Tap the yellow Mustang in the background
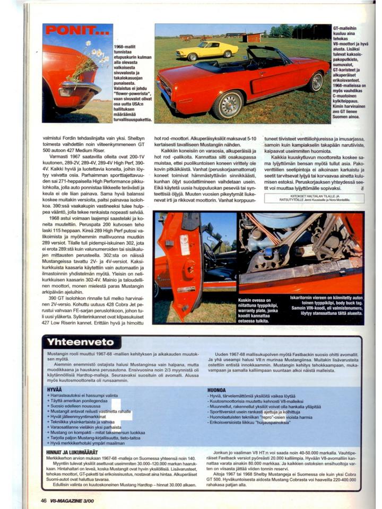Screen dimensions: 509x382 coord(207,50)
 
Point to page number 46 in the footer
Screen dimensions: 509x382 coord(43,499)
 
